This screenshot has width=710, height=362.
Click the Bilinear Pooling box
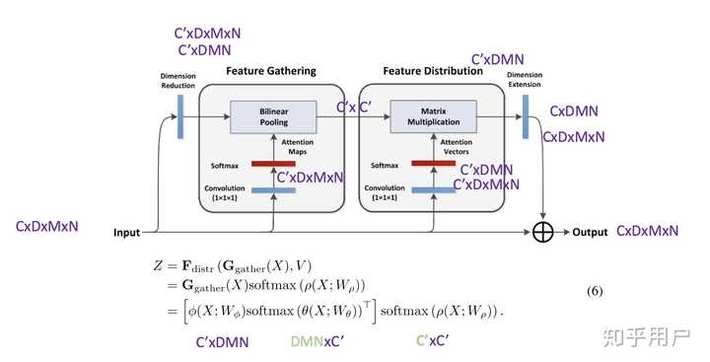point(271,116)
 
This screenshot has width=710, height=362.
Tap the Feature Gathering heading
point(271,71)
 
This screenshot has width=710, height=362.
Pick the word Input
point(125,233)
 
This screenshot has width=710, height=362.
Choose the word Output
point(590,233)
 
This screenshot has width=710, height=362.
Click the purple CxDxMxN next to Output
point(647,232)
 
